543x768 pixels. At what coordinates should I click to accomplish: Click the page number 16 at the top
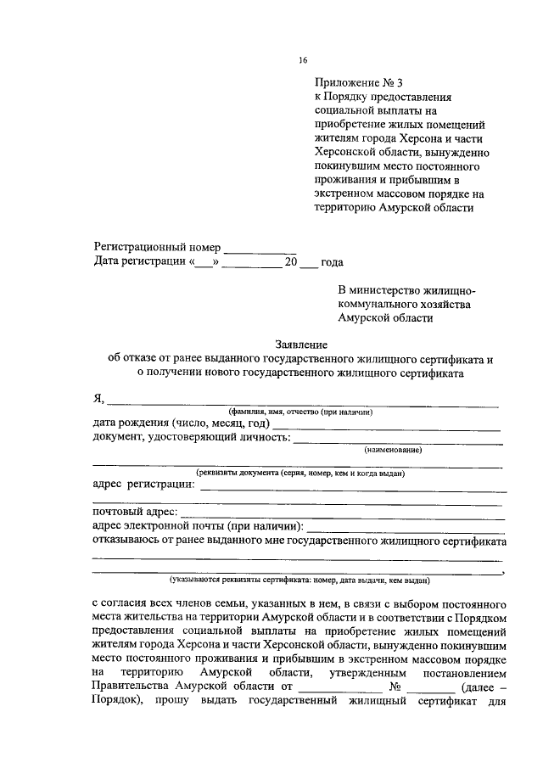[303, 59]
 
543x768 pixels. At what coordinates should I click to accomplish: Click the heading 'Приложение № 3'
[356, 82]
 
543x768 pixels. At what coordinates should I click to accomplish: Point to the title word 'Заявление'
[301, 345]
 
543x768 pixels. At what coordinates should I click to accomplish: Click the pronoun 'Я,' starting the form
[98, 399]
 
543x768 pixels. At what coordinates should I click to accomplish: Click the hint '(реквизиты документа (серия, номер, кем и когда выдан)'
[300, 473]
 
